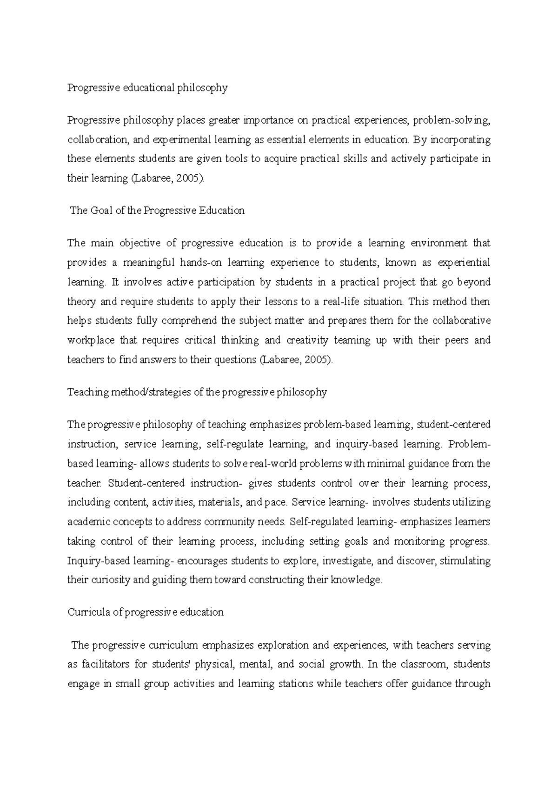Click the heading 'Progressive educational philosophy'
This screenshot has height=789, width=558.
tap(147, 88)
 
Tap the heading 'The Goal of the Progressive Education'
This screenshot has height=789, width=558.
tap(157, 210)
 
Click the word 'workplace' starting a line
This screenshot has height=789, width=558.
tap(91, 340)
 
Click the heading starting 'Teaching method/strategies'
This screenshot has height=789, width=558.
tap(197, 392)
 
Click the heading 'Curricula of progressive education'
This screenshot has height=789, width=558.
tap(146, 612)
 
